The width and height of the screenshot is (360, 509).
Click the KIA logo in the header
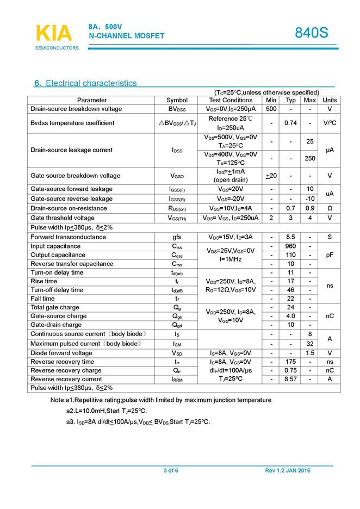53,33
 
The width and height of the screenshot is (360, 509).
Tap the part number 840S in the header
312,33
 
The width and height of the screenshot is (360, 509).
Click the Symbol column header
177,100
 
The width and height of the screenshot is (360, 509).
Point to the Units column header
330,100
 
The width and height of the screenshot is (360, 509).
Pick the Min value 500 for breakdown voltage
271,109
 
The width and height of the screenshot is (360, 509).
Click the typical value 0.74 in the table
290,123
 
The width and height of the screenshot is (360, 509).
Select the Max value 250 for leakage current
310,158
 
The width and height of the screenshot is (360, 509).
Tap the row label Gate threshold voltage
63,218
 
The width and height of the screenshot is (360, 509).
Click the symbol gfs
177,237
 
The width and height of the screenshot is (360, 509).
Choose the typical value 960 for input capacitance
290,246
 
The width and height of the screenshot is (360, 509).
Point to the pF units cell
330,255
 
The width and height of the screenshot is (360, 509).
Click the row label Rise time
44,281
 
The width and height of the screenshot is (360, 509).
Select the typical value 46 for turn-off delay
290,290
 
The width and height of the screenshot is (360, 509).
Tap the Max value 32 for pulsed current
310,344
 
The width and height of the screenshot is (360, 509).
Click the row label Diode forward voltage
61,353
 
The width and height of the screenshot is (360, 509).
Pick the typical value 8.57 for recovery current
290,379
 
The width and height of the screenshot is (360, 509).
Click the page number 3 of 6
171,470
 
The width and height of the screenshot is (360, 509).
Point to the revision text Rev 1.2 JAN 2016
288,470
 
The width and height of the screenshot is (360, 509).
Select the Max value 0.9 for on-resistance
310,208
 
